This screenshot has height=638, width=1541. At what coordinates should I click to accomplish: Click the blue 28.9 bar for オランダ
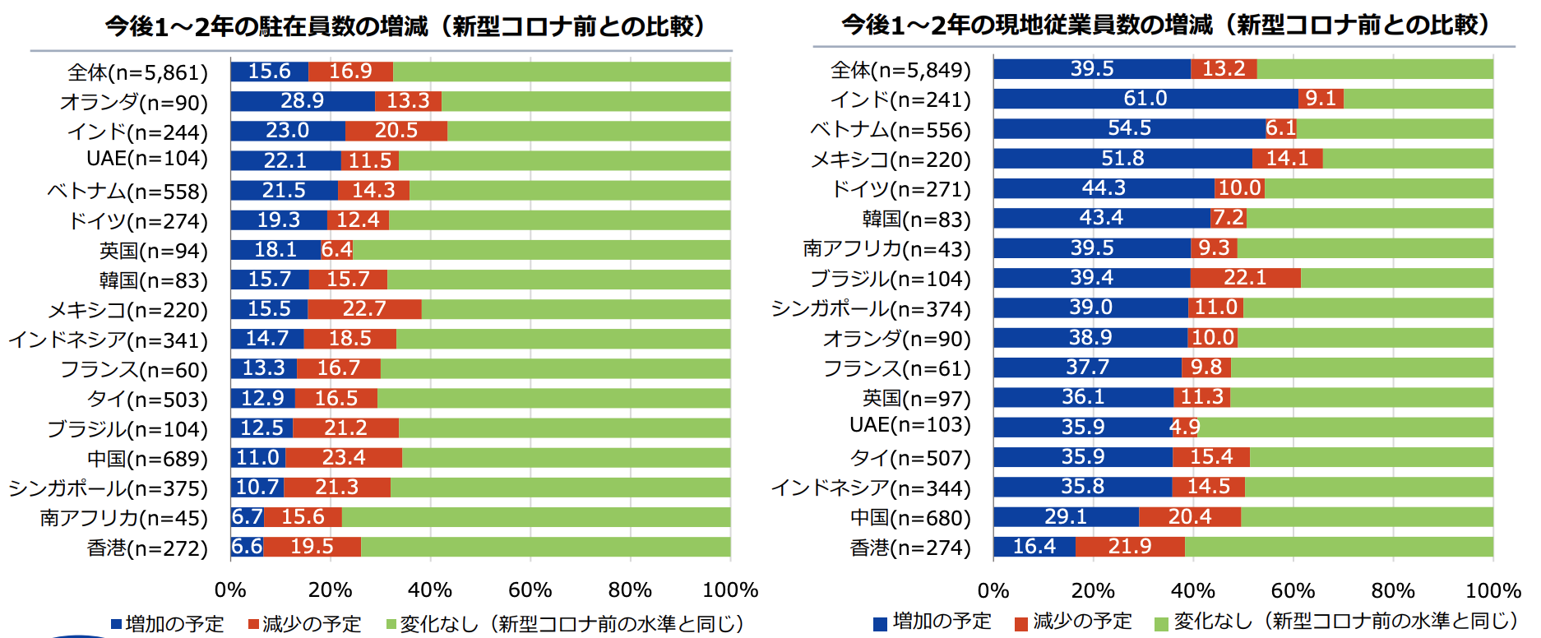pos(302,101)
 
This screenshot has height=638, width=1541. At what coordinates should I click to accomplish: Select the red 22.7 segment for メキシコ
pos(364,309)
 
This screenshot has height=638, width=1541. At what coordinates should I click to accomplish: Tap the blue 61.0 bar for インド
pos(1145,99)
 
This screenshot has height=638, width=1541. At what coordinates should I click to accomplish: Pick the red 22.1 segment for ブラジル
pos(1245,278)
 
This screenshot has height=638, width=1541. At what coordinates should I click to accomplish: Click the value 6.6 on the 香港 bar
pos(247,547)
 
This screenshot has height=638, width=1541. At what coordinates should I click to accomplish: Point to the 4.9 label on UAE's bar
pos(1185,428)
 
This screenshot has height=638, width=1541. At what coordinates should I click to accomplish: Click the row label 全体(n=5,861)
pos(137,72)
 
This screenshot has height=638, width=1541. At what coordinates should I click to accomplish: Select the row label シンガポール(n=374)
pos(871,309)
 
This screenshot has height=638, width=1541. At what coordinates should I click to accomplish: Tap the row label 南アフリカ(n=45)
pos(123,518)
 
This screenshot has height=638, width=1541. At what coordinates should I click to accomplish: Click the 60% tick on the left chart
pos(530,590)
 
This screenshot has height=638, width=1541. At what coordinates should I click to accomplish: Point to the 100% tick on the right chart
pos(1492,590)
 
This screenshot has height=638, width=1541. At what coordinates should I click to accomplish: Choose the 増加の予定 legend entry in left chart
pos(168,624)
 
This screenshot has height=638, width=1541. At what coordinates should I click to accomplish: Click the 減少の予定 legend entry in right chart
pos(1074,622)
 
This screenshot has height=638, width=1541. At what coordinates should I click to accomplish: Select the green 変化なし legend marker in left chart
pos(391,625)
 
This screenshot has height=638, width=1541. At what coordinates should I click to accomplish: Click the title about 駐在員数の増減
pos(405,26)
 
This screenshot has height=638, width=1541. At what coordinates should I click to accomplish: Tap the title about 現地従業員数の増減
pos(1165,25)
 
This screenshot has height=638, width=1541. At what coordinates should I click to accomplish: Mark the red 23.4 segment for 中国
pos(344,458)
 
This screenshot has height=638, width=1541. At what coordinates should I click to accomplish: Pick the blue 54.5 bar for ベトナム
pos(1129,128)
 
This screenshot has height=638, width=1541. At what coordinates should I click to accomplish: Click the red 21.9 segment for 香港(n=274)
pos(1130,547)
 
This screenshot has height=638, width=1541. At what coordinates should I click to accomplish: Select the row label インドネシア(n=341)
pos(108,340)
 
